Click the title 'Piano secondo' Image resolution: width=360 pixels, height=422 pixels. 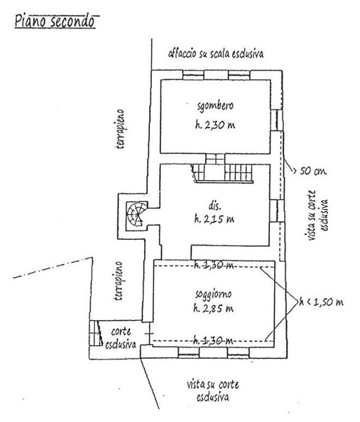click(x=55, y=22)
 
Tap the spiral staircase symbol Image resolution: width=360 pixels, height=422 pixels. click(x=137, y=215)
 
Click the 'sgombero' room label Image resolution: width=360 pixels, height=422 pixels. click(x=215, y=105)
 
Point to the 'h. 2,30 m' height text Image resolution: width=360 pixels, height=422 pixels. click(x=215, y=125)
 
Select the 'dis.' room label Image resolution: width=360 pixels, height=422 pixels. click(x=214, y=206)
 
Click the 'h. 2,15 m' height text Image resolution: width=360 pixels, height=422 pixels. click(x=214, y=219)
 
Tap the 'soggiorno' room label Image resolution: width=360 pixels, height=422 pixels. click(x=213, y=294)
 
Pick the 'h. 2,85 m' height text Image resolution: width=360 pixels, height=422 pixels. click(x=213, y=308)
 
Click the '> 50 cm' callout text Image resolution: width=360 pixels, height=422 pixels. click(x=309, y=171)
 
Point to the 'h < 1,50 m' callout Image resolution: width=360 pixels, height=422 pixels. click(x=321, y=302)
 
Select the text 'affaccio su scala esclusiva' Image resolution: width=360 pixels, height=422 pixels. click(x=216, y=53)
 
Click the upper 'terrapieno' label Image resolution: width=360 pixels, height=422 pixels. click(x=120, y=129)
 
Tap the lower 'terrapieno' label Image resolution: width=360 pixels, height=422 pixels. click(x=118, y=281)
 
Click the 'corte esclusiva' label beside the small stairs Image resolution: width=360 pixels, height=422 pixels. click(x=121, y=338)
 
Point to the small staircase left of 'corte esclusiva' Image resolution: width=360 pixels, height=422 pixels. click(x=96, y=333)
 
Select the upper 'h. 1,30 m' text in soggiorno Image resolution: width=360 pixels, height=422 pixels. click(x=214, y=265)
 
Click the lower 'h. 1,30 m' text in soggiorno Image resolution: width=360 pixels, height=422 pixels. click(x=213, y=341)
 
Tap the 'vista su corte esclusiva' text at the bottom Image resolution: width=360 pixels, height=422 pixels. click(x=213, y=391)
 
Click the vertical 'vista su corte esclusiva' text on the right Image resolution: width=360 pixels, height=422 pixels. click(x=316, y=215)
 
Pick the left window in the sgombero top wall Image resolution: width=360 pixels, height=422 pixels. click(x=193, y=75)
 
